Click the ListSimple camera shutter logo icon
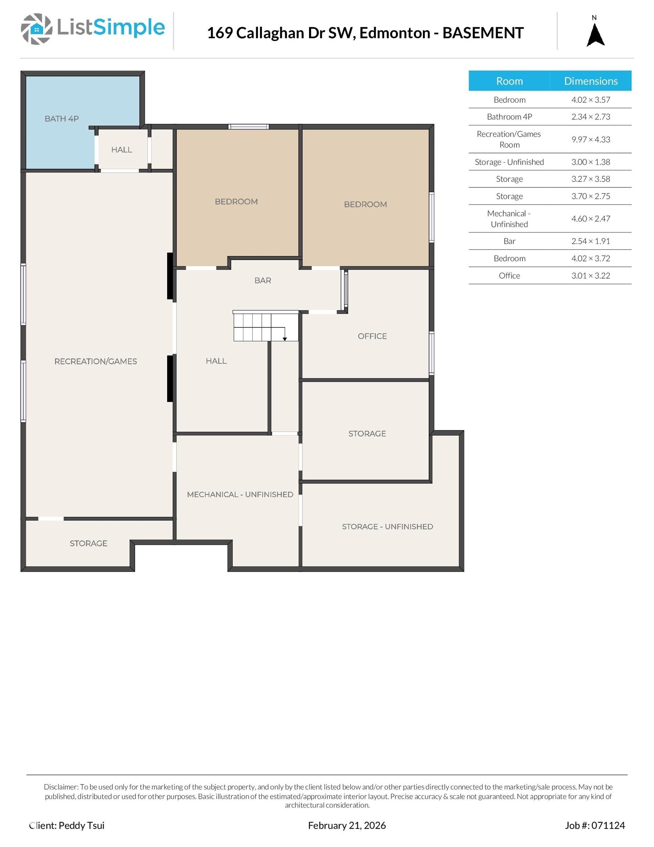[x=36, y=29]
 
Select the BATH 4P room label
[x=62, y=119]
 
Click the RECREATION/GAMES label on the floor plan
[x=96, y=361]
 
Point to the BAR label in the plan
[x=262, y=280]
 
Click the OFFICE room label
[x=372, y=336]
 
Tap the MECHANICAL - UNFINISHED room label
[x=240, y=494]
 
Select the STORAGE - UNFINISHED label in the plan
[x=387, y=527]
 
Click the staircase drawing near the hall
[x=265, y=326]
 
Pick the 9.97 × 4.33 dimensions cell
[x=590, y=140]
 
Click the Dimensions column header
[x=590, y=81]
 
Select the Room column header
[x=509, y=81]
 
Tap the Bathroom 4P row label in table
[x=509, y=117]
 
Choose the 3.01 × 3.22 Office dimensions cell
[x=590, y=276]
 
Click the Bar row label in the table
[x=509, y=241]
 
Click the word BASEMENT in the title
[x=483, y=33]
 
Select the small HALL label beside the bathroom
[x=121, y=150]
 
